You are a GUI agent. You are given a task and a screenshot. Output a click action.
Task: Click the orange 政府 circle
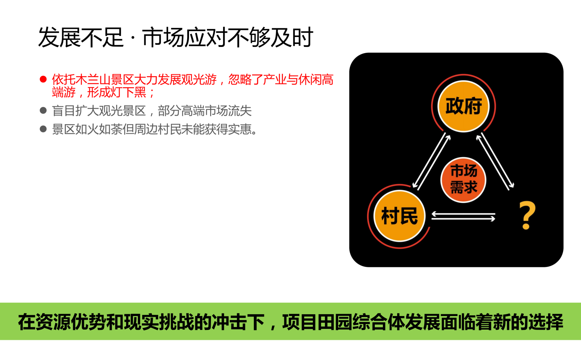(x=463, y=106)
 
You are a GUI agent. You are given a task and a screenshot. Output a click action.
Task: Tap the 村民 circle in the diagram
(x=399, y=216)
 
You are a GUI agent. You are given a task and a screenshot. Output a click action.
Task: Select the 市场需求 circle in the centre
(x=463, y=180)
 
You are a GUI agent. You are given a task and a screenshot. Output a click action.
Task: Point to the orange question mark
(x=527, y=215)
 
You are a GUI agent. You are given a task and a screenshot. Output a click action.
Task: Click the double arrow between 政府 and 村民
(x=431, y=161)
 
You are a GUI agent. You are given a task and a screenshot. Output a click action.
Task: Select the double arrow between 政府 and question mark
(x=495, y=161)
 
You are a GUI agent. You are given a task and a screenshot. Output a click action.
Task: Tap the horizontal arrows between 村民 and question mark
(x=463, y=216)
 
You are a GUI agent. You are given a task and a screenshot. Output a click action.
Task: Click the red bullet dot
(x=43, y=79)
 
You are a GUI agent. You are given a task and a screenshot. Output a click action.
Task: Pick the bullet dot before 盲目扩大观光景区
(x=43, y=110)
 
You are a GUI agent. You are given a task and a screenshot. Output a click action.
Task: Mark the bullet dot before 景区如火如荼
(x=43, y=129)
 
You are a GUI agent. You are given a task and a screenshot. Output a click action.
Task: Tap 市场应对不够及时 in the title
(x=227, y=37)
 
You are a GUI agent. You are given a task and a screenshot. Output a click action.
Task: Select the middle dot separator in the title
(x=133, y=38)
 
